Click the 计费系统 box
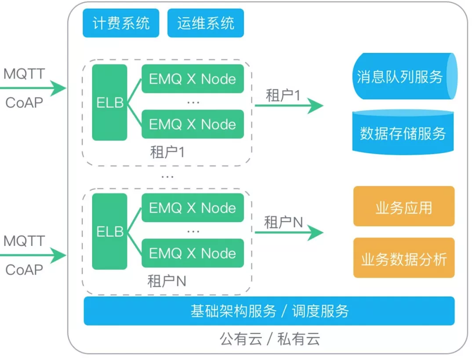(121, 23)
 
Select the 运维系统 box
(205, 23)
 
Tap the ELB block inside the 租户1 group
(109, 102)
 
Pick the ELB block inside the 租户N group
(109, 231)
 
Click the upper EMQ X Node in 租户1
(192, 79)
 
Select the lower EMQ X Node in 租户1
(192, 124)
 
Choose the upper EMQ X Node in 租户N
(192, 208)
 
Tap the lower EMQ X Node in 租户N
(192, 253)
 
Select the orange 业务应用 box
(403, 207)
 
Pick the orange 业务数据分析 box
(403, 259)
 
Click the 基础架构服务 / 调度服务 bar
(269, 311)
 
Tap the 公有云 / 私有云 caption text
(269, 339)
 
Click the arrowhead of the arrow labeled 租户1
(317, 106)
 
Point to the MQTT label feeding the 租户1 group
(24, 74)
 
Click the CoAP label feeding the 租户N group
(24, 270)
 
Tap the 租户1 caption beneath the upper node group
(167, 152)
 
